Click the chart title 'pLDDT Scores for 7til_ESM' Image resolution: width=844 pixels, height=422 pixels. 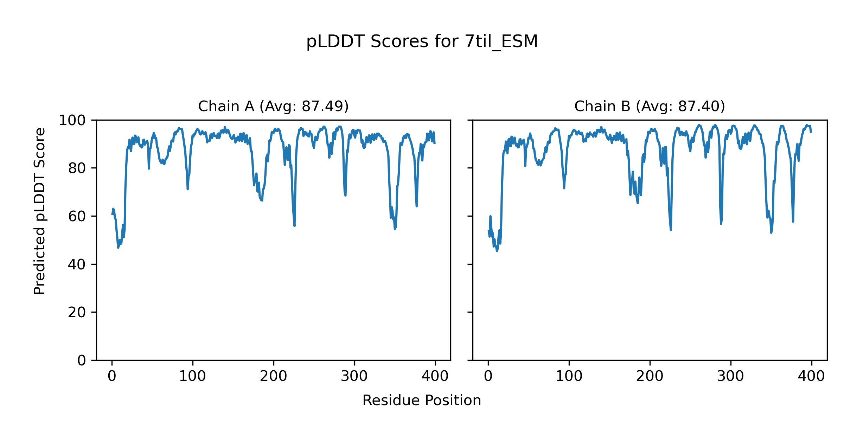[422, 42]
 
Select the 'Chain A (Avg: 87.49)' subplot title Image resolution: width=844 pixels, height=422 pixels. [273, 106]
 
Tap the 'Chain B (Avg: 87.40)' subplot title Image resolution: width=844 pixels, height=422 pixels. [650, 106]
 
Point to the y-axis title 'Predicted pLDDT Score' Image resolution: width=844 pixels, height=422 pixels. [39, 211]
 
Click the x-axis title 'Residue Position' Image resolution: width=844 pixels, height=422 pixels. [422, 401]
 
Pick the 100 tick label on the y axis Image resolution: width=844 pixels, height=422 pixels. [72, 121]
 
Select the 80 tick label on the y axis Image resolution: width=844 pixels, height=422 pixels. [77, 168]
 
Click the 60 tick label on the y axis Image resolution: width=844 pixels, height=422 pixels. [77, 216]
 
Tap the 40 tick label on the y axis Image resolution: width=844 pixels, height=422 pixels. [77, 264]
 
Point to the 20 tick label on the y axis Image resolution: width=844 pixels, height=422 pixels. [77, 312]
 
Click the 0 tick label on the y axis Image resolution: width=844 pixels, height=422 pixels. [82, 360]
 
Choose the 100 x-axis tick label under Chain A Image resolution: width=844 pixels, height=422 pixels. [192, 377]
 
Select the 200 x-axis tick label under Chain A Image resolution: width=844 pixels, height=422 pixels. [273, 377]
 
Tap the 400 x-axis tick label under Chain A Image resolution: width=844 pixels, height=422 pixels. [435, 377]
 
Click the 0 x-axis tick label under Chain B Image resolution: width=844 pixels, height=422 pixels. [488, 377]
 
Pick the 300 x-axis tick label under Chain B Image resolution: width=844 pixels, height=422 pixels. [730, 377]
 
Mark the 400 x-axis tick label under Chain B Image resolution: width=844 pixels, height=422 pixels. [811, 377]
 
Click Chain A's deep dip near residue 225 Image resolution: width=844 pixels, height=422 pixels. [294, 225]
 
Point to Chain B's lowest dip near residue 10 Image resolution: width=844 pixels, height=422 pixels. [497, 251]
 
